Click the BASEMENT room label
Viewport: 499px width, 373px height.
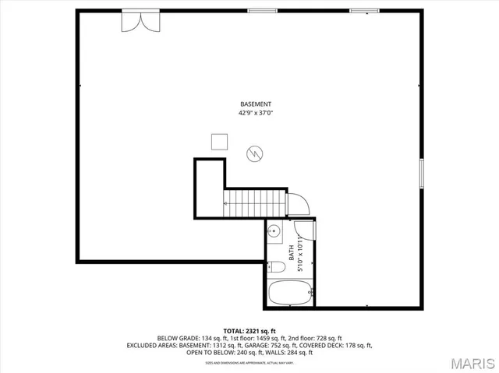pyautogui.click(x=256, y=104)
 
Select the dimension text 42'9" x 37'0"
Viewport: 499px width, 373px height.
pyautogui.click(x=256, y=114)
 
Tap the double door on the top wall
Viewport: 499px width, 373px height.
pyautogui.click(x=138, y=20)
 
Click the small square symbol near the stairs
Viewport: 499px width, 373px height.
pyautogui.click(x=220, y=141)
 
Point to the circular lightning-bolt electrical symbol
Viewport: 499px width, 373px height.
pyautogui.click(x=254, y=154)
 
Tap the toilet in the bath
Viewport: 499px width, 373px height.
pyautogui.click(x=276, y=267)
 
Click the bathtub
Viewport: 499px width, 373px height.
pyautogui.click(x=291, y=294)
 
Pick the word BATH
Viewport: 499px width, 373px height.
pyautogui.click(x=292, y=252)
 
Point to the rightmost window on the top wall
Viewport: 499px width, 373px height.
pyautogui.click(x=359, y=10)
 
